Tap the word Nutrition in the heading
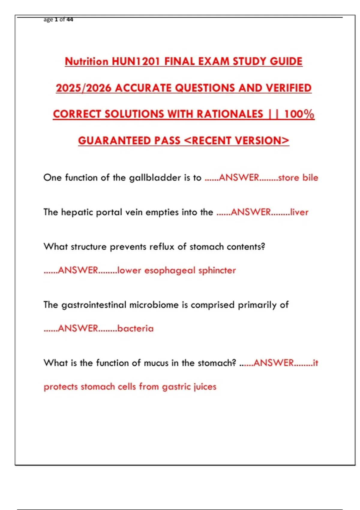(86, 61)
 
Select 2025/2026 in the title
(84, 88)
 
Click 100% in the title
(299, 114)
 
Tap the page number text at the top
(58, 19)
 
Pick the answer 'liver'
(299, 212)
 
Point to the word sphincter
(217, 270)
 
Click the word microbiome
(154, 305)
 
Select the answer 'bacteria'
(135, 328)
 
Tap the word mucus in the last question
(156, 363)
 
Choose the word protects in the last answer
(61, 387)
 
